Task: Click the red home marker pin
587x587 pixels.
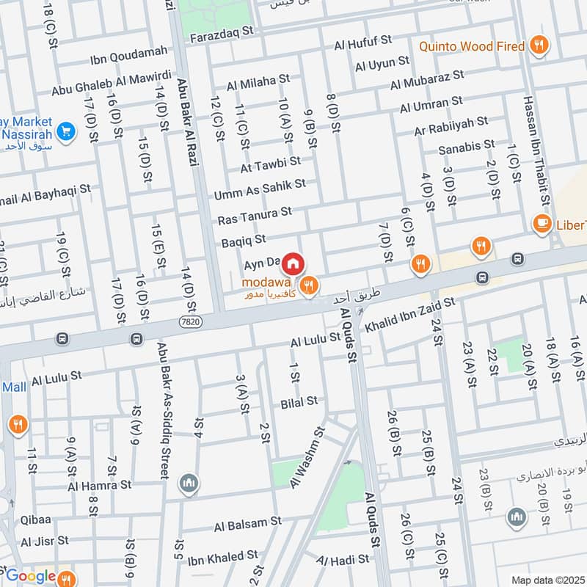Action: pos(293,263)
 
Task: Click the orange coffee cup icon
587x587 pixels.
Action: pos(542,224)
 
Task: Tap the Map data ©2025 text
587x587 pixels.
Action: pos(546,580)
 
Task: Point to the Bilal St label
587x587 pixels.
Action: pos(299,401)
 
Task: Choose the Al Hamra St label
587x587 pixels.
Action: pos(99,485)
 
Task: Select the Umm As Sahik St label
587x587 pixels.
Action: pos(260,189)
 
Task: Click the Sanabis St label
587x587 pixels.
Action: pos(467,147)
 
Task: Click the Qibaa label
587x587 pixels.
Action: pos(36,517)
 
